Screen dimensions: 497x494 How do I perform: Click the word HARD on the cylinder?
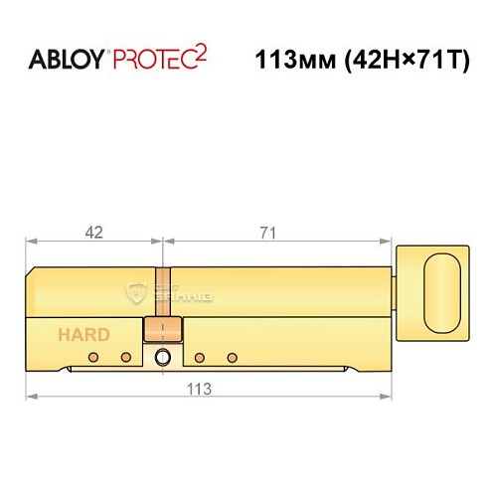click(x=83, y=335)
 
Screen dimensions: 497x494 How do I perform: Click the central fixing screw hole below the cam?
click(x=163, y=359)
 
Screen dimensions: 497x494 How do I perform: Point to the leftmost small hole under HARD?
click(x=92, y=357)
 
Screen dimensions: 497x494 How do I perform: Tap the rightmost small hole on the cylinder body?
click(x=232, y=357)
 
